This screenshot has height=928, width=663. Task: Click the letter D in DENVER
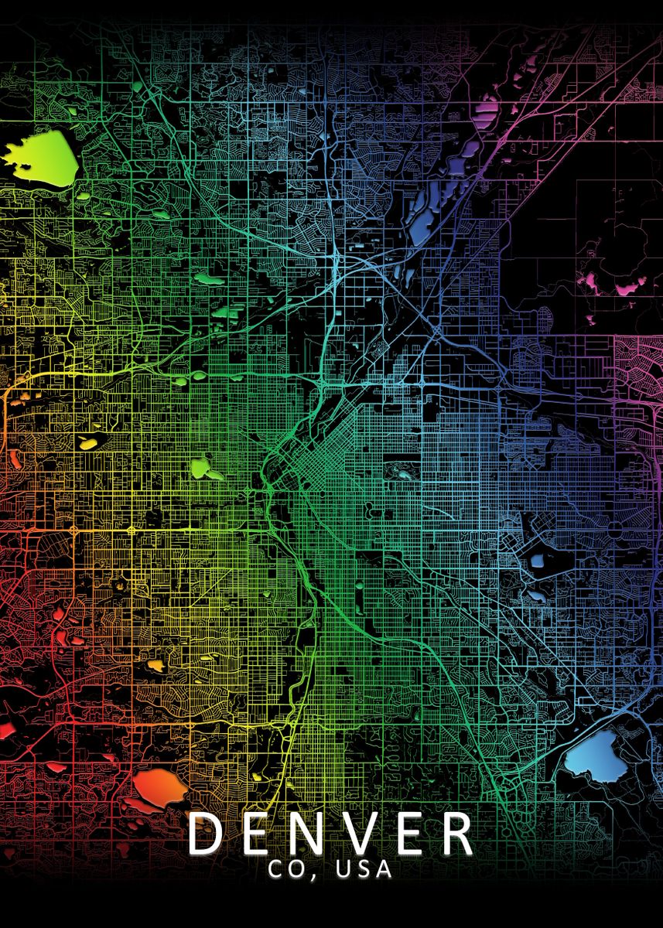click(206, 833)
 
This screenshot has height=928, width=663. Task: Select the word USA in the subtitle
click(364, 869)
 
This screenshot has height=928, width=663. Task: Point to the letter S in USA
click(364, 869)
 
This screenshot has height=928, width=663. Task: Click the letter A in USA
click(384, 869)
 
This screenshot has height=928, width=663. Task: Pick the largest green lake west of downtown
click(202, 468)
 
